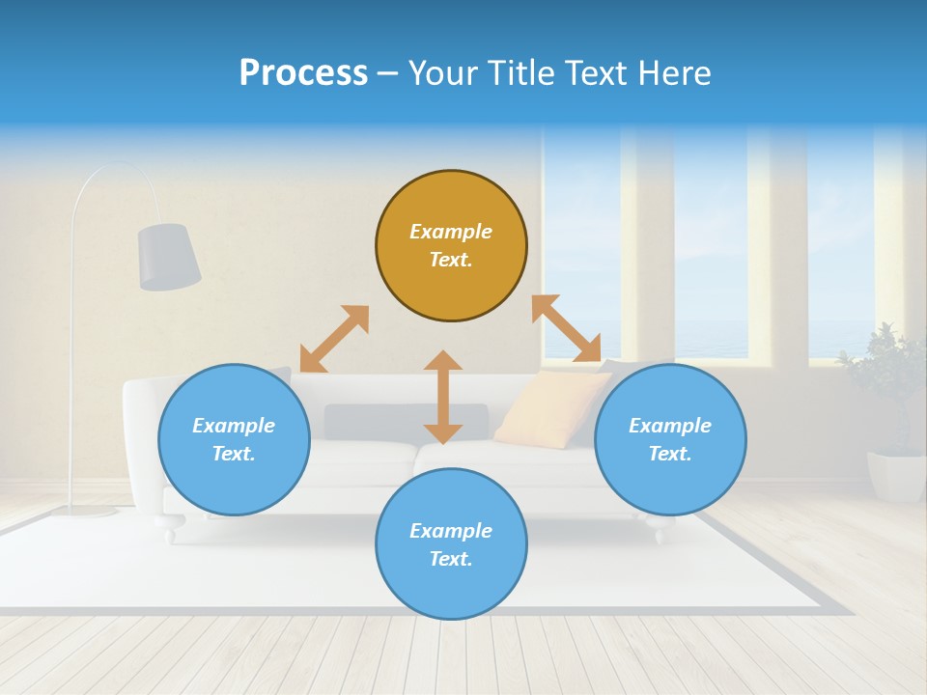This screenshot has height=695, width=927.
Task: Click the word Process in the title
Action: pos(303,73)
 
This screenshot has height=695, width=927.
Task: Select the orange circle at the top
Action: pos(451,245)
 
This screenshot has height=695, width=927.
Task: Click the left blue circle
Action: pos(234,439)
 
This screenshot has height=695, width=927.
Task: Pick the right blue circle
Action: pos(670,439)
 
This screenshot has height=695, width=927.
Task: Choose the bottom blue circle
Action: pos(451,543)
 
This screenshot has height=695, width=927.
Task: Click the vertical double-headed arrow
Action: pos(443,397)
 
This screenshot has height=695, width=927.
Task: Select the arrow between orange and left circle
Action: pos(334,339)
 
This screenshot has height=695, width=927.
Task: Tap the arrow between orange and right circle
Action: pos(566,328)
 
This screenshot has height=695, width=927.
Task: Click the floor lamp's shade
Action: pos(169,256)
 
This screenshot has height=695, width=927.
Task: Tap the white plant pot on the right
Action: pos(896,476)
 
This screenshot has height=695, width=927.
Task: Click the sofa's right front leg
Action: pos(658,532)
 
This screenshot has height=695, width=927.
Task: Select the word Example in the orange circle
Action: pos(451,232)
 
